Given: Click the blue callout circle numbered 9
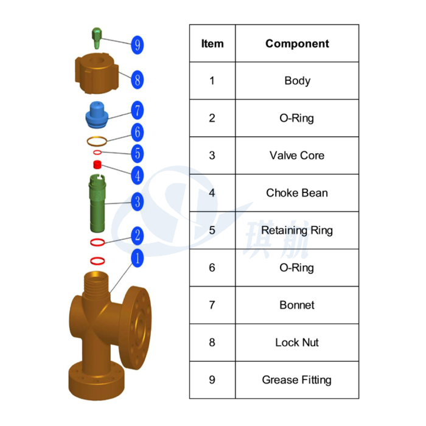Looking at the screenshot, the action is pos(137,45).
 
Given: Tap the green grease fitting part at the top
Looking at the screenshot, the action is pos(97,38).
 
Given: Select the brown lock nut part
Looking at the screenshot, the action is pos(97,74).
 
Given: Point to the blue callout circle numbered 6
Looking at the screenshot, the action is pos(137,132).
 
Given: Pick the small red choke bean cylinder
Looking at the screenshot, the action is pos(97,164).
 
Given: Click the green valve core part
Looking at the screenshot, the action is pos(97,203).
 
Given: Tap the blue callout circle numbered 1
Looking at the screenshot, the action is pos(137,258).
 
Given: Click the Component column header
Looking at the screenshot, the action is pos(297,43).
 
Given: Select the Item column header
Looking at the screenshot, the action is pos(212,43).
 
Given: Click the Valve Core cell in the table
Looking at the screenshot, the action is pos(297,155).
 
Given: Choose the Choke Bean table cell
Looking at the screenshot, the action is pos(297,193).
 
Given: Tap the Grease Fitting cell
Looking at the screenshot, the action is pos(297,380).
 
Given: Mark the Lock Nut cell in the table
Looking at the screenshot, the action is pos(297,342).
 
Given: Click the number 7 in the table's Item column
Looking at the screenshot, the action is pos(212,305).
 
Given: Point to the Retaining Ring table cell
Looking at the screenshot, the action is pos(297,231).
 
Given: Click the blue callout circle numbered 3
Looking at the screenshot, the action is pos(137,201).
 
